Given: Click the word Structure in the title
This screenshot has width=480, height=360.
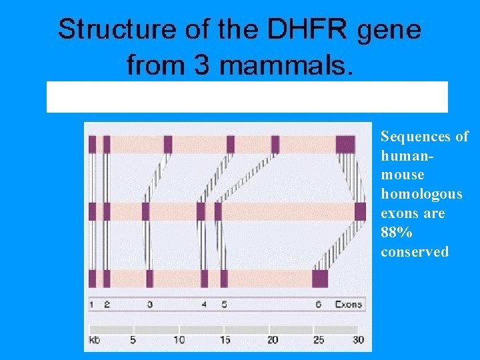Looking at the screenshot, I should point(107,30).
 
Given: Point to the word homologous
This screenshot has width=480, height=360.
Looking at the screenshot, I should point(421,194).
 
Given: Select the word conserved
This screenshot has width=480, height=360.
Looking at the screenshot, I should point(415,252).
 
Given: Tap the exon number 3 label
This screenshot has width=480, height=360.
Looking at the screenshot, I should point(149,305).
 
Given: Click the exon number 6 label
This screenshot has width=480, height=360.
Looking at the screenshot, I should point(319,305).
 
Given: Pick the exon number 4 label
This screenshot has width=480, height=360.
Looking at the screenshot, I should point(204,305).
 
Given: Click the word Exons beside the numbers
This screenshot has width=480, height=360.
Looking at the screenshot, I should point(348,305).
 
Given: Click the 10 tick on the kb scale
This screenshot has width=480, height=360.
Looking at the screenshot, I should point(178,340).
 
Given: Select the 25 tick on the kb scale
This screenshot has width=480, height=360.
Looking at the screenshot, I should point(318,340).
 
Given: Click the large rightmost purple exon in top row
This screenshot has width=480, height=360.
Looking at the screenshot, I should point(345,144).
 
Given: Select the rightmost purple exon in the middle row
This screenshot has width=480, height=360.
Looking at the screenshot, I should point(360,211).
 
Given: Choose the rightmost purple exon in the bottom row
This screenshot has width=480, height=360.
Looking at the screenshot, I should point(320,278).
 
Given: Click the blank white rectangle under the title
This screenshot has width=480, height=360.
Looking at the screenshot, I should point(247,97).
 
